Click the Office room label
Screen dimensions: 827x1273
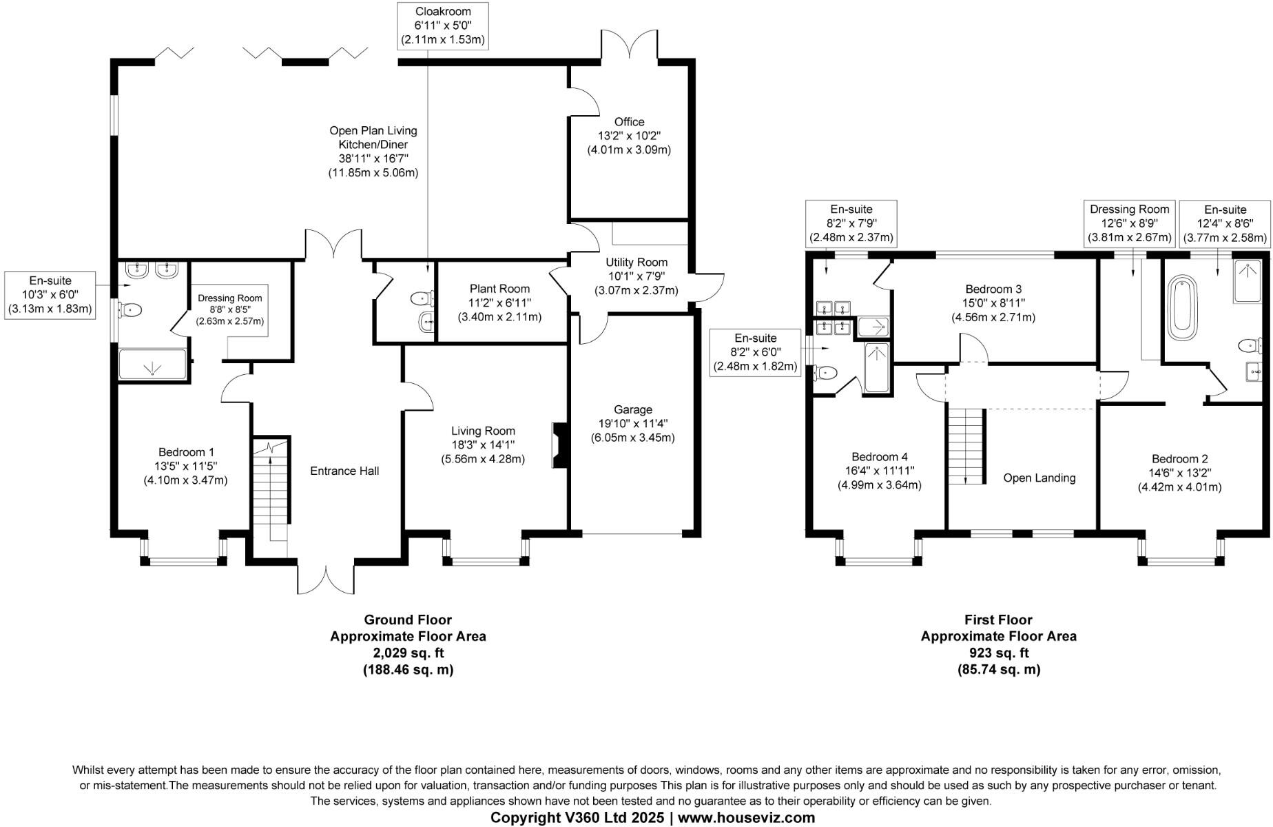tap(629, 122)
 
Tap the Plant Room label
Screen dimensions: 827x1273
tap(499, 289)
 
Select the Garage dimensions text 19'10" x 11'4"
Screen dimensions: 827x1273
tap(632, 423)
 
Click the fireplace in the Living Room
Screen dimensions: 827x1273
tap(559, 446)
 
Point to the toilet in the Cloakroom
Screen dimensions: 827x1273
tap(422, 298)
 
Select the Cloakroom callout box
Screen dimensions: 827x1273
tap(443, 25)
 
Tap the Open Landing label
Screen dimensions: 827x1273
tap(1039, 478)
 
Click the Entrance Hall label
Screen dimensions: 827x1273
tap(344, 471)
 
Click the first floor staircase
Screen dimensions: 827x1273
tap(966, 445)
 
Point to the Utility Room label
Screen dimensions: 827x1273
tap(636, 262)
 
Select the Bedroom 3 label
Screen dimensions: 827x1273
tap(993, 289)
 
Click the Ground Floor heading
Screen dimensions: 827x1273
tap(408, 620)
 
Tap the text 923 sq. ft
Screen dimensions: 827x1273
tap(998, 653)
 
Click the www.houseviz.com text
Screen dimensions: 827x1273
tap(747, 817)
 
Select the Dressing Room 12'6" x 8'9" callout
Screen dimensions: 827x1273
tap(1129, 223)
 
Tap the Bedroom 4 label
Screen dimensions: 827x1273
tap(879, 456)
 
